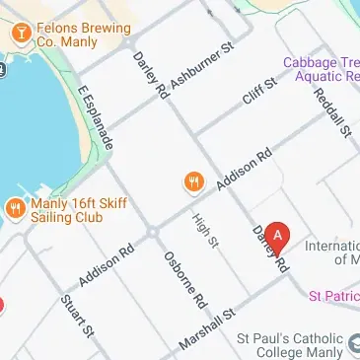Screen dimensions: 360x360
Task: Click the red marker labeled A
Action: [278, 237]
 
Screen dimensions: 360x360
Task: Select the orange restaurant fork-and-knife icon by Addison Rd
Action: [193, 181]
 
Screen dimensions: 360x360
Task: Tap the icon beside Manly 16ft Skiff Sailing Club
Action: [16, 207]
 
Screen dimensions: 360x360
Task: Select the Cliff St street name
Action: [259, 97]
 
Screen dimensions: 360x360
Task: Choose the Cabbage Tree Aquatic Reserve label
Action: [322, 68]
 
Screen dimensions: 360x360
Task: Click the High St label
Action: [205, 230]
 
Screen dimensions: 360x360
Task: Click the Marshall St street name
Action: [208, 328]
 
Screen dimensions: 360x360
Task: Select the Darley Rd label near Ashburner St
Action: [150, 75]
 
